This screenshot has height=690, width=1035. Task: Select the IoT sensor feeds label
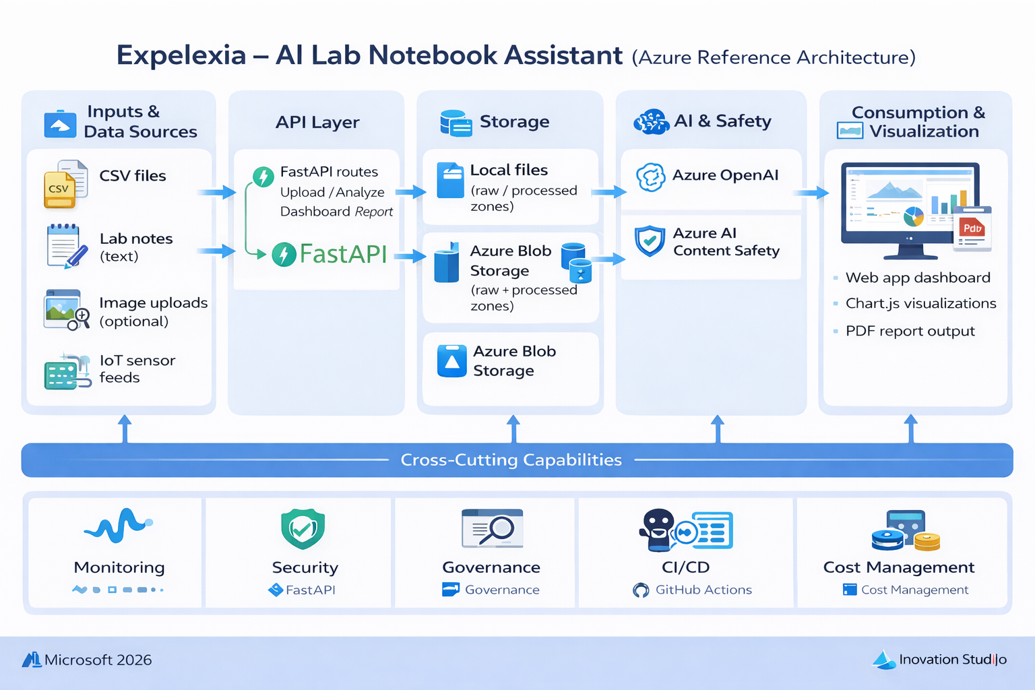click(x=137, y=369)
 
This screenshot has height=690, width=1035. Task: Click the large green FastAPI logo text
click(x=342, y=254)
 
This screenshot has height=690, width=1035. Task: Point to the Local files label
click(x=509, y=170)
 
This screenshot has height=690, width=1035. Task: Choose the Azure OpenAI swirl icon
click(x=650, y=177)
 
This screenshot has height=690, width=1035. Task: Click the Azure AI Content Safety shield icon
click(x=650, y=241)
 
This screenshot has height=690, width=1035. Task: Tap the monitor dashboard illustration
click(x=910, y=209)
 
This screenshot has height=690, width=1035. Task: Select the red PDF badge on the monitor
click(x=972, y=228)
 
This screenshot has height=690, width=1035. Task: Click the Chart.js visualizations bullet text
click(x=920, y=304)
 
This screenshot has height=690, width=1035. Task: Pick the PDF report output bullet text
click(x=910, y=332)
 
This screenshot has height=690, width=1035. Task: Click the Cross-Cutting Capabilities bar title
click(x=511, y=460)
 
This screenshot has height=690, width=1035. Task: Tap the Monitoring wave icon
click(x=118, y=525)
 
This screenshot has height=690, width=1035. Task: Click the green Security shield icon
click(x=303, y=529)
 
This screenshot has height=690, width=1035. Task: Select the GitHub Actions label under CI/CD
click(x=703, y=590)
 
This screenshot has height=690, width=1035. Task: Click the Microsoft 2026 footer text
click(x=98, y=660)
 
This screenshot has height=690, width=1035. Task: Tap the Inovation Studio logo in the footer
click(x=940, y=660)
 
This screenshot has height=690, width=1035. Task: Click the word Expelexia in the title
click(x=181, y=55)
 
